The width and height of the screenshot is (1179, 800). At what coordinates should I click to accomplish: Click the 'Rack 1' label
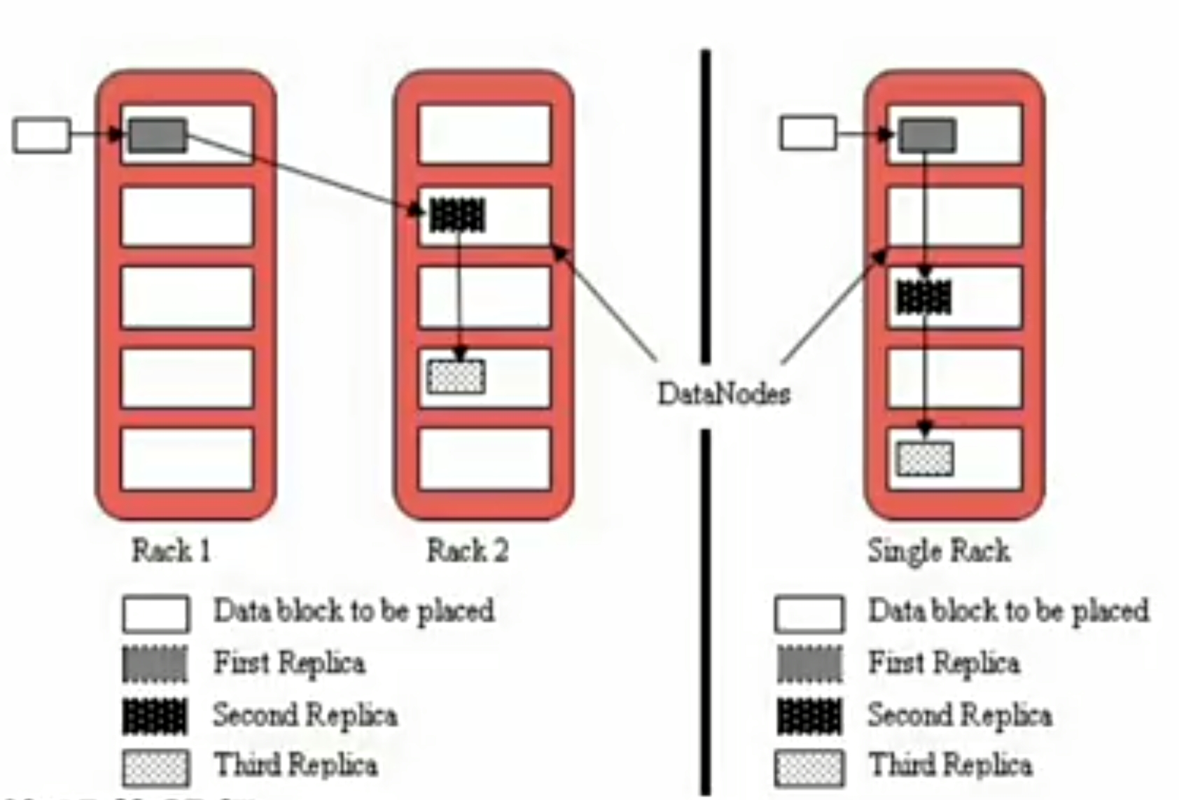(x=172, y=551)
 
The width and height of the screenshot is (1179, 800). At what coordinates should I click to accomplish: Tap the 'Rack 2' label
(x=468, y=551)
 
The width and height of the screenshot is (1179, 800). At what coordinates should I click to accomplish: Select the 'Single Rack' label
(x=939, y=551)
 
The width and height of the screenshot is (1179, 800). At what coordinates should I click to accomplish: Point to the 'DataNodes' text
(x=724, y=393)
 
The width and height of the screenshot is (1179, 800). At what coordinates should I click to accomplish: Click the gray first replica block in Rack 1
(x=158, y=136)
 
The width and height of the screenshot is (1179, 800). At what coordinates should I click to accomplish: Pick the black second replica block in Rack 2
(x=457, y=215)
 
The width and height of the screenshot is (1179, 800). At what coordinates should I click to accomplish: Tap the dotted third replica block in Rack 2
(x=456, y=377)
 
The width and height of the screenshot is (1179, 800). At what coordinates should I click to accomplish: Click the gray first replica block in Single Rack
(x=927, y=136)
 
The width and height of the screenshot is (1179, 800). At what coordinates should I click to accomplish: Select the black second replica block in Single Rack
(x=924, y=297)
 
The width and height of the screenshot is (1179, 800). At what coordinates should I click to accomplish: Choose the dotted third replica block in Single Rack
(x=925, y=458)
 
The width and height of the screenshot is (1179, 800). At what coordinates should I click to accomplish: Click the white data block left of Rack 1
(x=42, y=136)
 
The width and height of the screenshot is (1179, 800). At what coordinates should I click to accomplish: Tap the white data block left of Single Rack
(x=809, y=133)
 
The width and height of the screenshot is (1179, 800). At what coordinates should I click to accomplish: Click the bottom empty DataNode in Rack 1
(x=187, y=458)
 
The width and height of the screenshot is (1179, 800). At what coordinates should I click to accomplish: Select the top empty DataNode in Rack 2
(x=484, y=134)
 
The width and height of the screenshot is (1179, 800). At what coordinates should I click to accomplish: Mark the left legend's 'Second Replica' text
(x=305, y=715)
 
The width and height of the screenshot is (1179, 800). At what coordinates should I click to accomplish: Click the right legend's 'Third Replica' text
(x=950, y=764)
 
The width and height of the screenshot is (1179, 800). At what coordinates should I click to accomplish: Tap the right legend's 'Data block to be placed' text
(x=1008, y=611)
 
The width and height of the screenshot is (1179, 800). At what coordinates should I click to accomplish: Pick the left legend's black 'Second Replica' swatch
(x=155, y=716)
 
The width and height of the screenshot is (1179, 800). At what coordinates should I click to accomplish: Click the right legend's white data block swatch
(x=809, y=614)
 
